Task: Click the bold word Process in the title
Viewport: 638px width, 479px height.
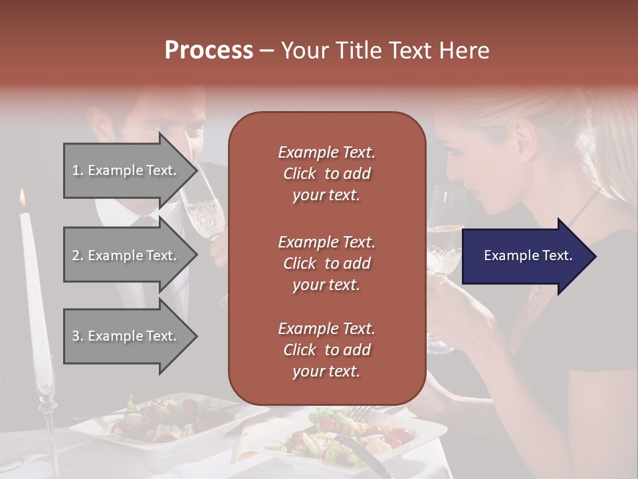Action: [209, 51]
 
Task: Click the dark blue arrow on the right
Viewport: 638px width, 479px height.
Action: [528, 256]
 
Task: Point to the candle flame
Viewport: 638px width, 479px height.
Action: [23, 197]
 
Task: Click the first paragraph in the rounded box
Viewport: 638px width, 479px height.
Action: [326, 174]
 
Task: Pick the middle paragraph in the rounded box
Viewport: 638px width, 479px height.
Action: [326, 263]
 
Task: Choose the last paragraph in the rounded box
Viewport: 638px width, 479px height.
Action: [326, 350]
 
